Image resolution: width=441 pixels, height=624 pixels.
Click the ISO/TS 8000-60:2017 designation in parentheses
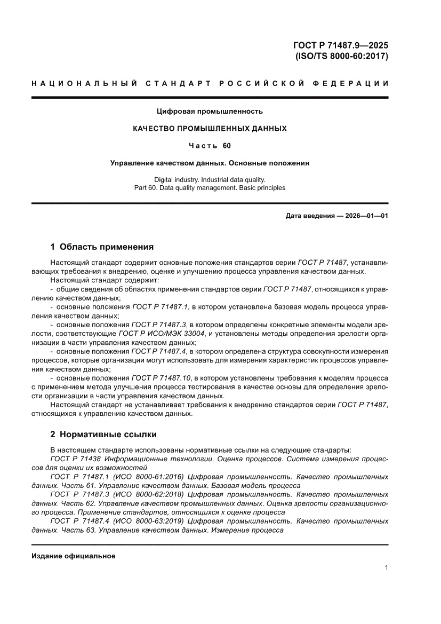[341, 56]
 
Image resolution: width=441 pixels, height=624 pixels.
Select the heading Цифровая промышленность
[210, 112]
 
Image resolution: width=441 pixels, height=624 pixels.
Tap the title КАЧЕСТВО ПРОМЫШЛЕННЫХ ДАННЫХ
[210, 129]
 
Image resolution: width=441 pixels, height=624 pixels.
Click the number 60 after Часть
[227, 146]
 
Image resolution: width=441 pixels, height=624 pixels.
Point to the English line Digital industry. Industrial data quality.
[210, 179]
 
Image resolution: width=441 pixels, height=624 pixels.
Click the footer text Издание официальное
[74, 556]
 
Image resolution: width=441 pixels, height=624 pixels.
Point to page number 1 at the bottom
[386, 568]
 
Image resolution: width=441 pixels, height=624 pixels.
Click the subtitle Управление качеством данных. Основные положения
[210, 163]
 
